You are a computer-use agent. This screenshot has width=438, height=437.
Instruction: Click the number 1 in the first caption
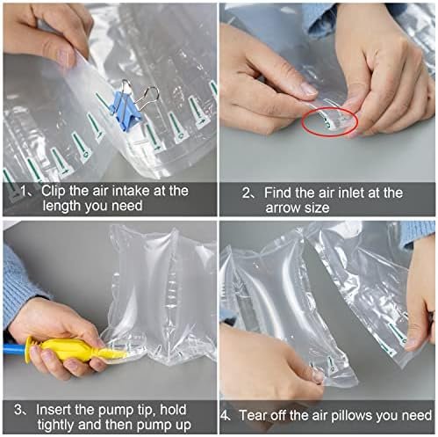coord(23,190)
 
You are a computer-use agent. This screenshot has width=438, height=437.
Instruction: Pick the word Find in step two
coord(284,192)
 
